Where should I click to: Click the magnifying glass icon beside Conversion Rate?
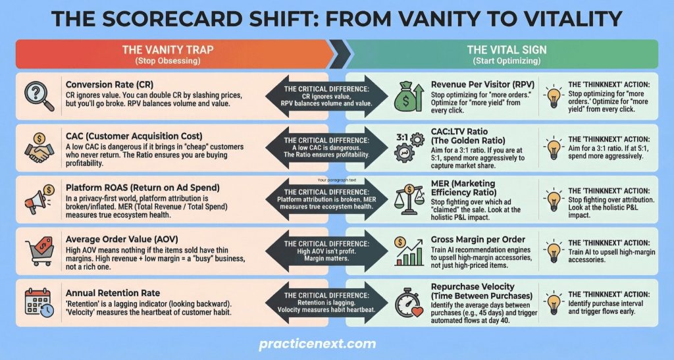coord(39,96)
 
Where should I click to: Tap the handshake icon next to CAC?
coord(39,147)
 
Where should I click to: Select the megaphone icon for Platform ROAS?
coord(39,199)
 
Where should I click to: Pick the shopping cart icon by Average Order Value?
coord(39,251)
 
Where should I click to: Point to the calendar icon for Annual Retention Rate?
coord(39,303)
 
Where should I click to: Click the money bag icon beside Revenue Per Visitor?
coord(409,96)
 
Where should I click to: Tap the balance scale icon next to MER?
coord(409,200)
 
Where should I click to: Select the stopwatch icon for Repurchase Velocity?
coord(409,303)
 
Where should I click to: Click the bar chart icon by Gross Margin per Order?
coord(409,251)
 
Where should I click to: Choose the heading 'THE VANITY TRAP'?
coord(168,49)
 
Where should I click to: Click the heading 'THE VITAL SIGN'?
coord(507,49)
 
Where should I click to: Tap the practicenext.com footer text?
coord(317,344)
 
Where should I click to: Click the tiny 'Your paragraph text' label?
coord(336,180)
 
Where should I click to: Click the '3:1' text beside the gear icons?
coord(402,138)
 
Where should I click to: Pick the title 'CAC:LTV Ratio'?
coord(459,132)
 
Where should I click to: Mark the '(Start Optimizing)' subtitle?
coord(507,61)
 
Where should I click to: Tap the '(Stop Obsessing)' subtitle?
coord(168,61)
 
